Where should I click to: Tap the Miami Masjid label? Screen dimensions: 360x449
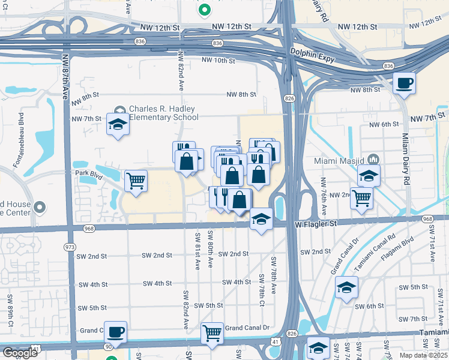(340, 160)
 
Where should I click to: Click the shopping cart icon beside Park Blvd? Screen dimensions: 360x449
(136, 180)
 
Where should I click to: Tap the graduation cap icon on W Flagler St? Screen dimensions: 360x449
(261, 218)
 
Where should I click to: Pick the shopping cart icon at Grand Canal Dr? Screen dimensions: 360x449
(212, 333)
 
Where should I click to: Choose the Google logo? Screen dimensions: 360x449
(20, 353)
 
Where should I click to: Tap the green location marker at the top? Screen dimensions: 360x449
(204, 10)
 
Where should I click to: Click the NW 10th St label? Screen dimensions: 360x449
(217, 61)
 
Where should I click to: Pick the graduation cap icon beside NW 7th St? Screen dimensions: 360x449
(117, 125)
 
